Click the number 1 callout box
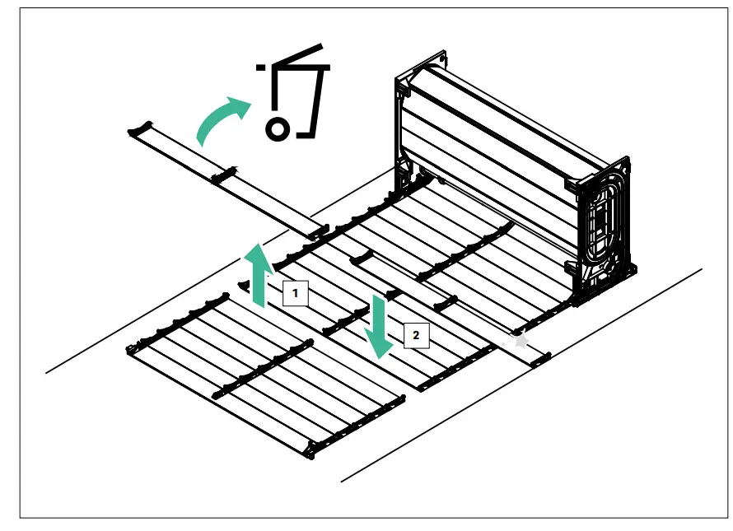click(x=296, y=292)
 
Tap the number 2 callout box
click(x=417, y=335)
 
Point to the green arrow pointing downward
click(x=380, y=326)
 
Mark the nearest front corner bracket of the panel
click(x=311, y=449)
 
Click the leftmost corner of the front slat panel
click(x=129, y=350)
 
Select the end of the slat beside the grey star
click(x=539, y=357)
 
